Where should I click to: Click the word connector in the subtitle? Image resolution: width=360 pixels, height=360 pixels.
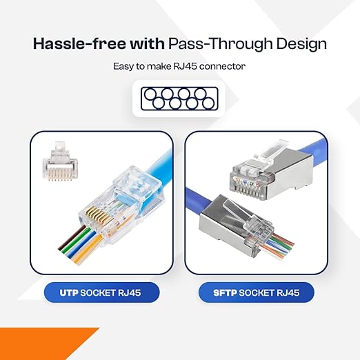click(x=222, y=67)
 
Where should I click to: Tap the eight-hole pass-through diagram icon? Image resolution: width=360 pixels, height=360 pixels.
click(x=179, y=99)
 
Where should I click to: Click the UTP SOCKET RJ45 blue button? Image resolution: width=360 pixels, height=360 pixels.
click(x=101, y=292)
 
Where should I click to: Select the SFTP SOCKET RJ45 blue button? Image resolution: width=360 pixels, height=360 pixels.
click(x=257, y=292)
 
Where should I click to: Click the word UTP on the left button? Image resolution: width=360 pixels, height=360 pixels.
click(x=69, y=292)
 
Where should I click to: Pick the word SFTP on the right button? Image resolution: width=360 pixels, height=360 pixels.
click(x=225, y=292)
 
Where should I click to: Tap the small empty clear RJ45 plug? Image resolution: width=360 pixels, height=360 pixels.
click(x=60, y=161)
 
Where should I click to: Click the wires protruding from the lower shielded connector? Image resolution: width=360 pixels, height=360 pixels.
click(x=278, y=246)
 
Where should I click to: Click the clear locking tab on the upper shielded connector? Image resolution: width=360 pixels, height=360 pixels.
click(x=271, y=152)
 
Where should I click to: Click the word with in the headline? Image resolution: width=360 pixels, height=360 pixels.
click(x=147, y=43)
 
